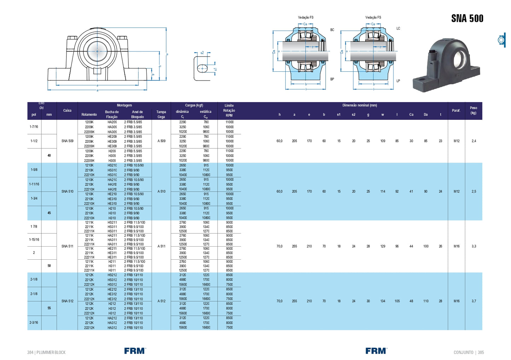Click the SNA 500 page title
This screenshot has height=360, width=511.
point(467,18)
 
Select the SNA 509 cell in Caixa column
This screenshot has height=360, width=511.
point(67,141)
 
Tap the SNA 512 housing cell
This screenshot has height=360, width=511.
point(67,301)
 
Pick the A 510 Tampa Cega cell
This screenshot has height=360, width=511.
point(161,191)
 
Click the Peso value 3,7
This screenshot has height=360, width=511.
point(474,301)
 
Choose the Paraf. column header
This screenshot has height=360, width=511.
point(456,111)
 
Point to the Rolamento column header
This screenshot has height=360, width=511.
point(89,114)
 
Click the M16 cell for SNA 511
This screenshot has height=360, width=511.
point(457,246)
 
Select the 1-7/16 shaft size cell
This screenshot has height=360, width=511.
point(34,127)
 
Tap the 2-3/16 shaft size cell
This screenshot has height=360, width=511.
point(34,323)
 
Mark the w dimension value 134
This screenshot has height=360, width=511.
point(383,301)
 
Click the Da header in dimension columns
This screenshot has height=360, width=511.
point(426,114)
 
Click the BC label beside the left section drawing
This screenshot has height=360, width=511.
point(332,30)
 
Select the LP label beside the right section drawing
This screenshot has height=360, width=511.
point(398,81)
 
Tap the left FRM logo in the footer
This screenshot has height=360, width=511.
point(135,351)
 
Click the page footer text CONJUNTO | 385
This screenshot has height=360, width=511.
point(469,353)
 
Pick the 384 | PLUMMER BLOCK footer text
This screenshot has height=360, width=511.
point(46,353)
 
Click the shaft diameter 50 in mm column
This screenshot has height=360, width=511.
point(49,266)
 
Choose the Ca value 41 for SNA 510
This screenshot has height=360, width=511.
point(411,191)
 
